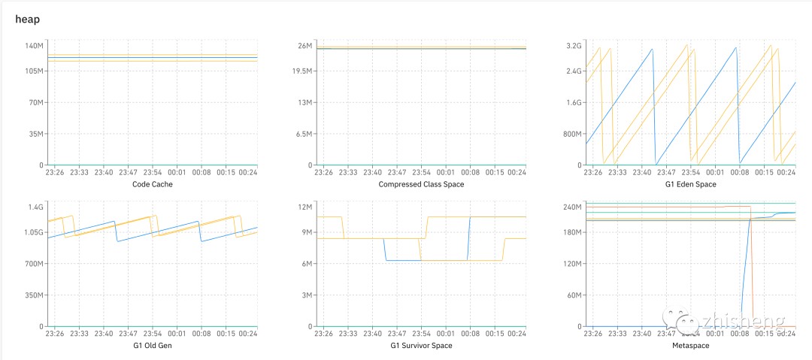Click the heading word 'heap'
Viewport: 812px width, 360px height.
click(27, 19)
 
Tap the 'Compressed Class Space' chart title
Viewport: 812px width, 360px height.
click(421, 184)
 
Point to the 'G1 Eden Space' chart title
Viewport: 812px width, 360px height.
click(690, 184)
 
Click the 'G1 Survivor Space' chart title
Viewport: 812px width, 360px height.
click(421, 346)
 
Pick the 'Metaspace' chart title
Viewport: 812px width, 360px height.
click(690, 346)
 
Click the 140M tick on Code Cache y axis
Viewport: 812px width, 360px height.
click(35, 46)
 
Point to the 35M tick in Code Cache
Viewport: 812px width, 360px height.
click(37, 134)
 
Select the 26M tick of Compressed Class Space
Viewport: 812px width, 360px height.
click(305, 46)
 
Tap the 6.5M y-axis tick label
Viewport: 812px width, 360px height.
click(302, 134)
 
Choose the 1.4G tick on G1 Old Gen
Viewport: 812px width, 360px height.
click(36, 207)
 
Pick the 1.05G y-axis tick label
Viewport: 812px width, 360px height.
click(33, 232)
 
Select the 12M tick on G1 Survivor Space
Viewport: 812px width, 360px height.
click(305, 207)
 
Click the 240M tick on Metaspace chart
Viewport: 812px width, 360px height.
click(573, 207)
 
